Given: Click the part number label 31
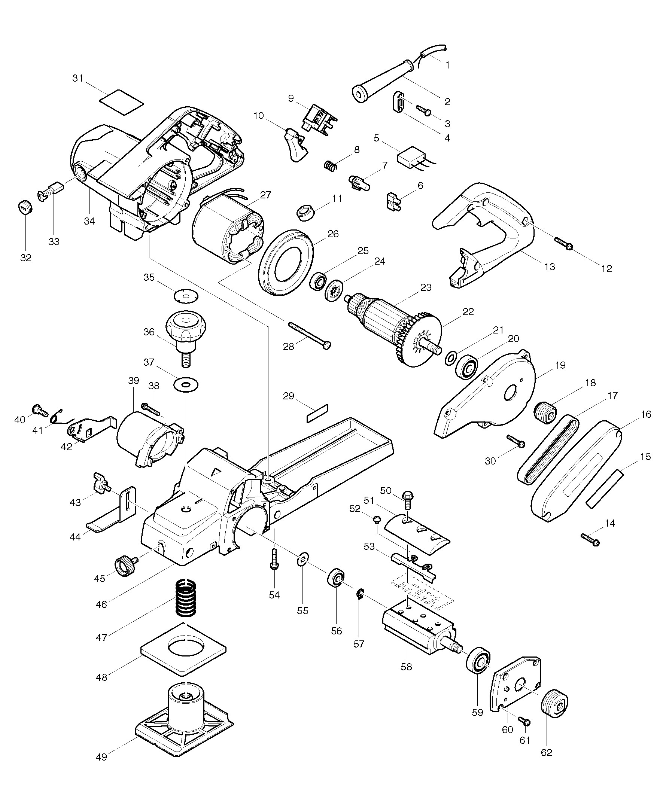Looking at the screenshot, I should pos(78,78).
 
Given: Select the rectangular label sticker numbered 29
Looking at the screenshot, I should pos(317,413).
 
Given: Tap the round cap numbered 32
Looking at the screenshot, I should pos(25,207).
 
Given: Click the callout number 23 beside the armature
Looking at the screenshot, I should pos(426,287).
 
